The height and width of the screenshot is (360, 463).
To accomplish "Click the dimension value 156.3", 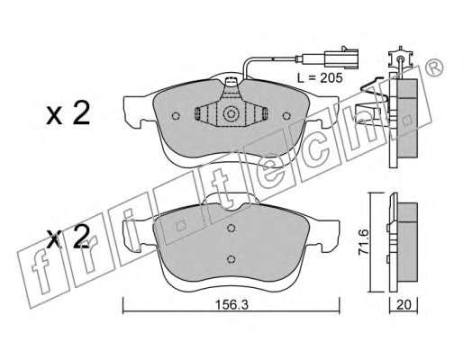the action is tap(231, 305).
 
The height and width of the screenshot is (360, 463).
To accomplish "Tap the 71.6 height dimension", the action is tap(365, 242).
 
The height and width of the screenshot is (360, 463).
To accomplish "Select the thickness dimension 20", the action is tap(404, 305).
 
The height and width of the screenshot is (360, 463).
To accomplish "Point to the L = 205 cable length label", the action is tap(320, 78).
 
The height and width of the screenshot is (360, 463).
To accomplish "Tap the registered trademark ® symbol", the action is tap(434, 67).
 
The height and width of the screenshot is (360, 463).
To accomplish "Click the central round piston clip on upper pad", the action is tap(231, 114).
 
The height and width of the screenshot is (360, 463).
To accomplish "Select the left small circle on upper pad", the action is tap(176, 115).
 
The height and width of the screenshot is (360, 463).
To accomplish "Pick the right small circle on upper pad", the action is tap(286, 115).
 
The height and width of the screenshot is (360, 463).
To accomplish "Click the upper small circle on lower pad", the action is tap(231, 228).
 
